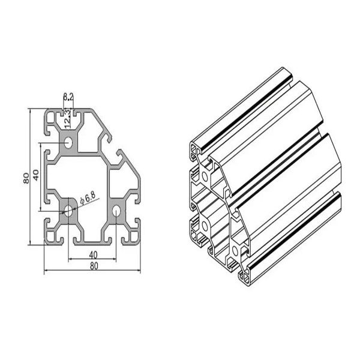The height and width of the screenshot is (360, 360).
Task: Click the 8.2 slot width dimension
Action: tap(68, 96)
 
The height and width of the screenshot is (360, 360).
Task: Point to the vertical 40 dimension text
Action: tap(36, 176)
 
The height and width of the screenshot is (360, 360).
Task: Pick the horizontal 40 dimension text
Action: tap(92, 254)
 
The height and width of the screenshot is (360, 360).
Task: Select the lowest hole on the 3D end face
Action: tap(233, 248)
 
